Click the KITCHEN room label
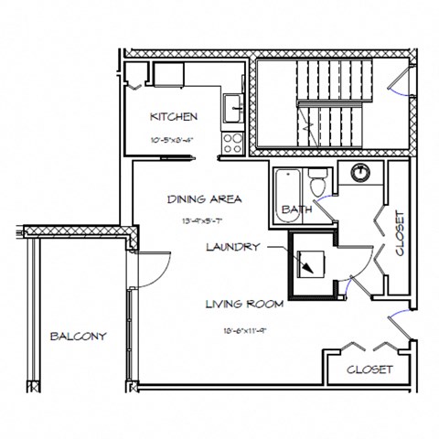(x=174, y=116)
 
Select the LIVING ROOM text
(x=244, y=305)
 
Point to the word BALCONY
(x=79, y=336)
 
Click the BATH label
(x=296, y=209)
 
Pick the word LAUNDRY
(x=233, y=246)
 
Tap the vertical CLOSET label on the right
(x=399, y=233)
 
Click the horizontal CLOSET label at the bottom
(x=370, y=369)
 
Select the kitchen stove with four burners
(x=232, y=142)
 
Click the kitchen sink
(x=233, y=108)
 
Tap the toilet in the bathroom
(x=317, y=184)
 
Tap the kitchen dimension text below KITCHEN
(x=174, y=141)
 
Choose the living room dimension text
(x=244, y=330)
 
